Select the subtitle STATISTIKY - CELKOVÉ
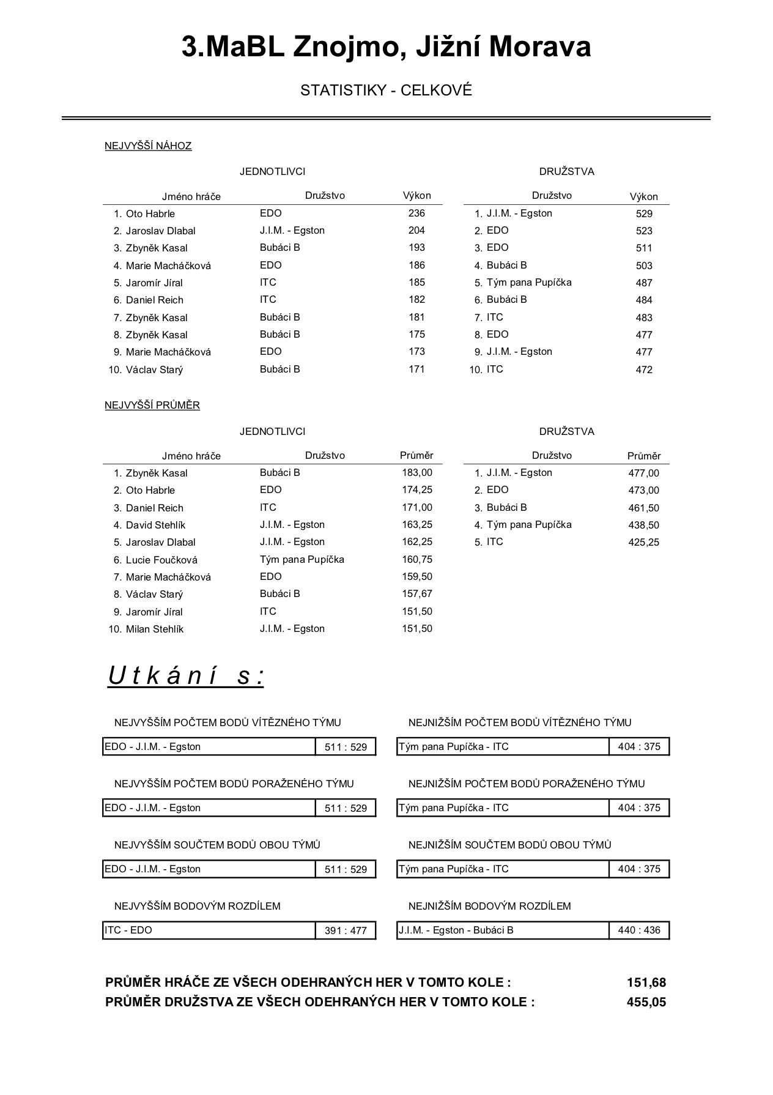click(386, 91)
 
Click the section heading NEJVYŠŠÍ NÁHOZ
click(148, 146)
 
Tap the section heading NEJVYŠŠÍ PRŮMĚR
click(152, 405)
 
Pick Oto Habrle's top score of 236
click(416, 213)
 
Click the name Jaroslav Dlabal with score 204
click(160, 231)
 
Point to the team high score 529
click(644, 213)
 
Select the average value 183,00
click(417, 472)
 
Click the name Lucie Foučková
click(161, 560)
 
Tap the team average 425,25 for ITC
click(643, 542)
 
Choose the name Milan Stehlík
click(154, 629)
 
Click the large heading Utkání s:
click(186, 676)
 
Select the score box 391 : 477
click(346, 930)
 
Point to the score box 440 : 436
click(639, 930)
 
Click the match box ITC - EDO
click(209, 930)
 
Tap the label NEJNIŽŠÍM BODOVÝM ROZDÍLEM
click(489, 906)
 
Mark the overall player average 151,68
click(646, 982)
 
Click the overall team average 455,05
click(646, 1002)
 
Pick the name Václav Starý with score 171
click(154, 369)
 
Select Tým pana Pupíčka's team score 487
click(644, 283)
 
